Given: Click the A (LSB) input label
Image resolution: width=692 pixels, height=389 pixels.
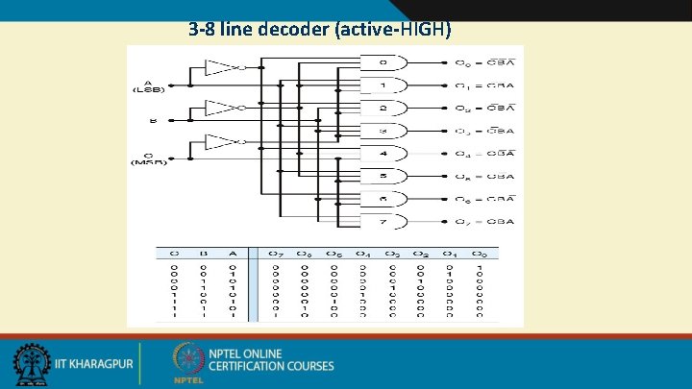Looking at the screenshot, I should click(149, 85).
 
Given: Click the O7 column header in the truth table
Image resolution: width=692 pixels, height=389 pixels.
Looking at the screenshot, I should click(275, 254).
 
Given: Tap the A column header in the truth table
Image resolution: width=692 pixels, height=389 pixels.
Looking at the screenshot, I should click(232, 254).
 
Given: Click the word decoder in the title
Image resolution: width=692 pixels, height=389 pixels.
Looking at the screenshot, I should click(290, 29).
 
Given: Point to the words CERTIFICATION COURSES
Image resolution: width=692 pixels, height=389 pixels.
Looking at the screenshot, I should click(271, 366).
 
